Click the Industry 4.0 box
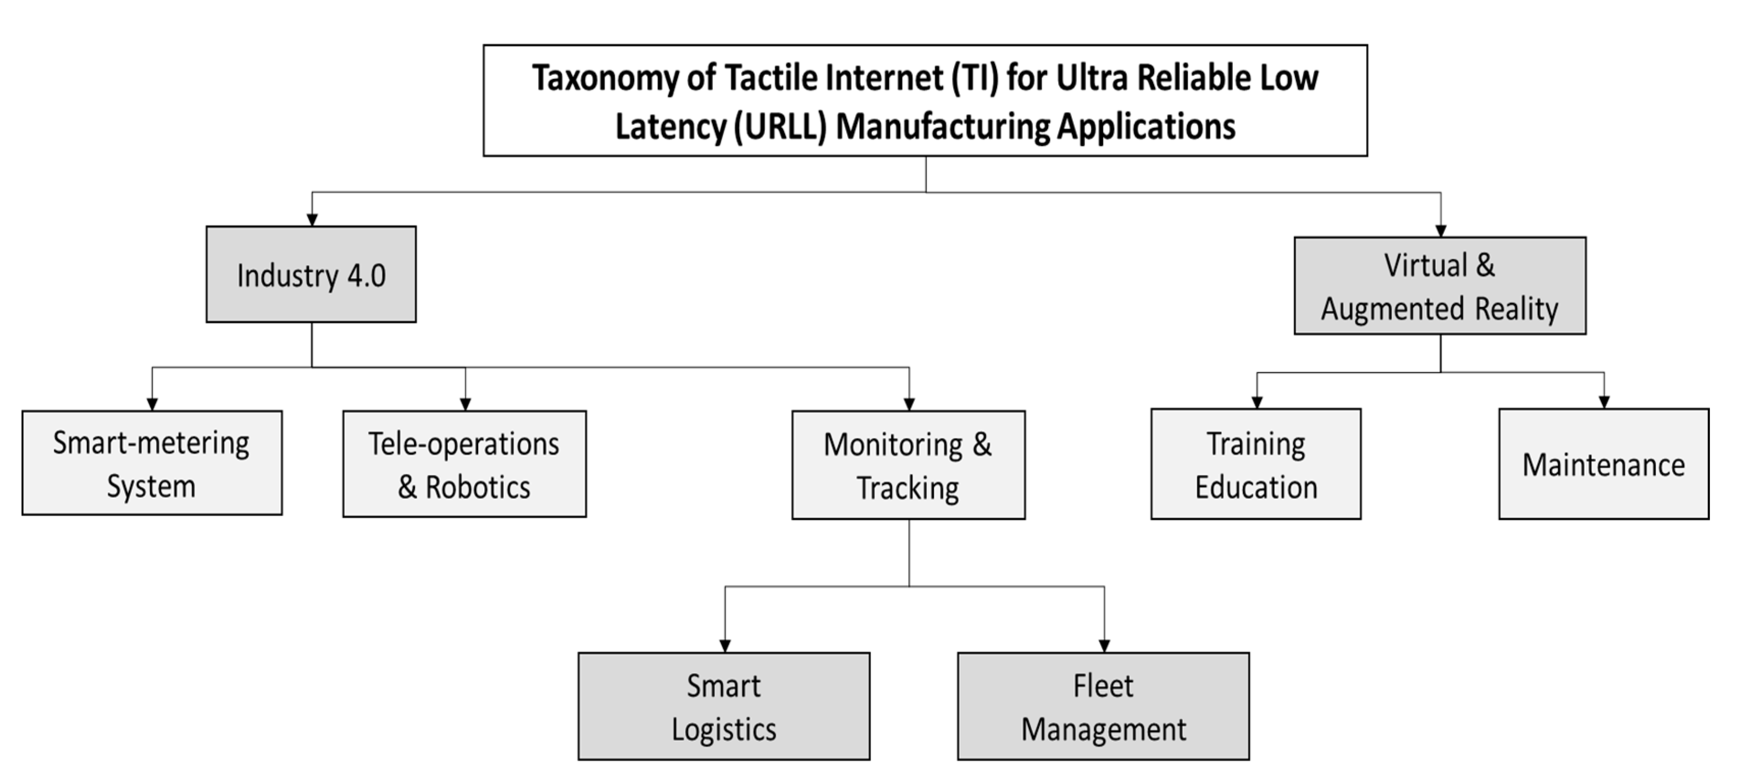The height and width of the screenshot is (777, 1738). coord(311,275)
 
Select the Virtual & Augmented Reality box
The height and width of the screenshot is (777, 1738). coord(1440,285)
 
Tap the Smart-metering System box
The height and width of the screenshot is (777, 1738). coord(152,463)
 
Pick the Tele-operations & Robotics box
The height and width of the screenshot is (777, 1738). coord(464,464)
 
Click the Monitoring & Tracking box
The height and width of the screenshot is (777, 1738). coord(908,465)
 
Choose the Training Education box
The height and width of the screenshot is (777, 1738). coord(1256,464)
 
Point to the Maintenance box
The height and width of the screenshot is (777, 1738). coord(1603,464)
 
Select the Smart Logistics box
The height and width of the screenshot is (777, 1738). coord(724,706)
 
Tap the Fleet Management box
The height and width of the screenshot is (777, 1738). coord(1103,706)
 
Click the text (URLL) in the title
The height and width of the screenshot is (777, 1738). coord(780,127)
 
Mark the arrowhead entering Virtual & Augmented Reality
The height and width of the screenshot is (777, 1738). coord(1440,231)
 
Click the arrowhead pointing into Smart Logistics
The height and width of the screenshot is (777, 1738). coord(725,646)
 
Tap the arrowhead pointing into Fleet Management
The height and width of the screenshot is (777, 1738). coord(1104,646)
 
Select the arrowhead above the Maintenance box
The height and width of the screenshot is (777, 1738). coord(1604,402)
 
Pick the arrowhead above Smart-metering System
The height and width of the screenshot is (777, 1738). coord(152,404)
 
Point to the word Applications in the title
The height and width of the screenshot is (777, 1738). coord(1146,127)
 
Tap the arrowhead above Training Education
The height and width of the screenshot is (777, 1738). coord(1256,402)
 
